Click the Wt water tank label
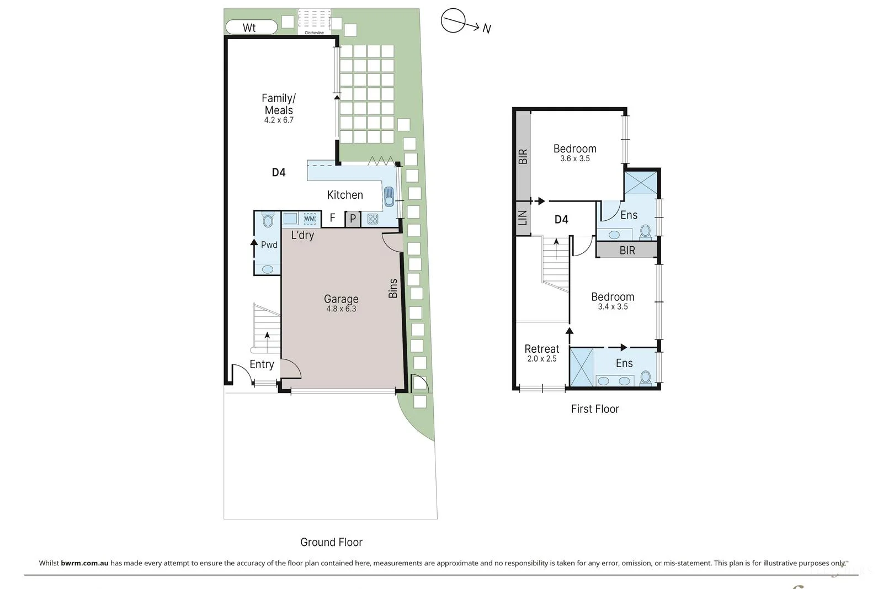249,28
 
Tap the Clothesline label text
314,33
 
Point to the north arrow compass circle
453,20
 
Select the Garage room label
341,299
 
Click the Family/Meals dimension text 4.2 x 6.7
279,120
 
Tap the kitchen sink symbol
389,197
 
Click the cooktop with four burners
373,219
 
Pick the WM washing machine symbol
310,219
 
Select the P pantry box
353,219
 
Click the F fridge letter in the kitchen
332,217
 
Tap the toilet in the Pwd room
268,220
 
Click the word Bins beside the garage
393,288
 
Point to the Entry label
262,364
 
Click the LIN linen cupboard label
522,217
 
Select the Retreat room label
541,349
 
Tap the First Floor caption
595,409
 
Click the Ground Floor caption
332,542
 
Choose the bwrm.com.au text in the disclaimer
84,563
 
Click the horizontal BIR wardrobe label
627,251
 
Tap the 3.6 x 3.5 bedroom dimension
575,158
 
